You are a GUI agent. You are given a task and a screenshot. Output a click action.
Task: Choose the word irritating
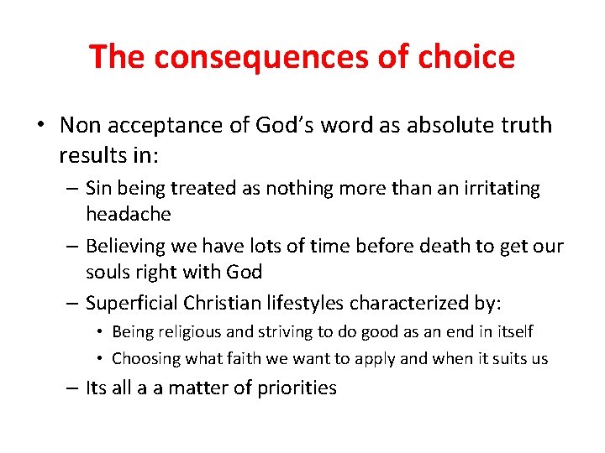coord(496,188)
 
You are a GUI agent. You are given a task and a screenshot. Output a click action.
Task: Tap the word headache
coord(128,214)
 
